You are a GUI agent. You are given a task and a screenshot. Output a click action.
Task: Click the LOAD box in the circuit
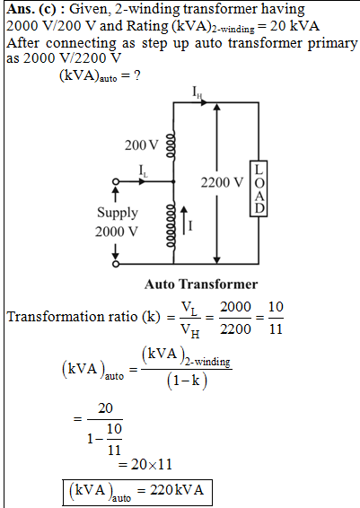pos(259,188)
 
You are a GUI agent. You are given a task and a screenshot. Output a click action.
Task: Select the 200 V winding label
pos(141,145)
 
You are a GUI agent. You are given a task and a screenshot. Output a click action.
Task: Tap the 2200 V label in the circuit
pos(222,182)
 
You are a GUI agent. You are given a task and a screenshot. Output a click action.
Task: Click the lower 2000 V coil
pos(171,226)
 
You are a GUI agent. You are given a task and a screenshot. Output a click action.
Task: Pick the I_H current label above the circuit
pos(198,92)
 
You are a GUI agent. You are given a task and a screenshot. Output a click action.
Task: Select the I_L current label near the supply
pos(143,171)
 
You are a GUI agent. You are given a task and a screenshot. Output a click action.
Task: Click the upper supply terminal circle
pos(116,182)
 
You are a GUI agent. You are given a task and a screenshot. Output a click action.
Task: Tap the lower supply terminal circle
pos(116,264)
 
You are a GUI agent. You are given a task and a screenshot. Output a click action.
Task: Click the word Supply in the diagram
pos(118,214)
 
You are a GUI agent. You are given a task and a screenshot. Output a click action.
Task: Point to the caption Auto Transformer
pos(201,285)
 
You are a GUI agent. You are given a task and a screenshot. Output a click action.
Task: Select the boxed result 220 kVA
pos(137,492)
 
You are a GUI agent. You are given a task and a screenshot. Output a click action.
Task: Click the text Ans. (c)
pos(31,9)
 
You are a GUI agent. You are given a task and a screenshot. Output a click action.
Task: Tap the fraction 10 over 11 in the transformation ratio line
pos(276,318)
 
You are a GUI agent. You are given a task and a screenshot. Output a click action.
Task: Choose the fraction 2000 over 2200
pos(235,318)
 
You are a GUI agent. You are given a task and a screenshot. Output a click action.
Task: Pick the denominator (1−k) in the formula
pos(187,380)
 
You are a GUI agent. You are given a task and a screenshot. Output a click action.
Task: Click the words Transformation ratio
pos(72,317)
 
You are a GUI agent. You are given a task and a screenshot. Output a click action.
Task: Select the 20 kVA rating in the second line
pos(294,26)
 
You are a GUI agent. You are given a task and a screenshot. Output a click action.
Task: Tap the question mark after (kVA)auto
pos(137,75)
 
